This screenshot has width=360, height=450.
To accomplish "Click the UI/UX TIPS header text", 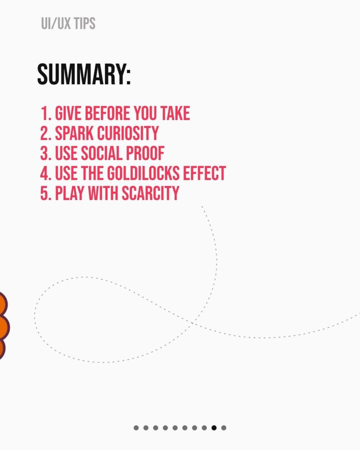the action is tap(68, 23).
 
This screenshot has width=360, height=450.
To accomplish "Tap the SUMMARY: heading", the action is tap(84, 74).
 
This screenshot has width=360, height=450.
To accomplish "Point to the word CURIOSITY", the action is tap(128, 133).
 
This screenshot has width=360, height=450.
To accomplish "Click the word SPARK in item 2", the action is tap(74, 133).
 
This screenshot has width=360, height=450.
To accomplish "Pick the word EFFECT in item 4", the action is tap(205, 173).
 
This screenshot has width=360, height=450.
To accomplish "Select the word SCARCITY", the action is tap(151, 193).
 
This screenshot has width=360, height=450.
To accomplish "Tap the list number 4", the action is tap(45, 173).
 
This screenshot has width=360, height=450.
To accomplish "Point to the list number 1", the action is tap(46, 113).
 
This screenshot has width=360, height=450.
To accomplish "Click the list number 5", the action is tap(45, 193).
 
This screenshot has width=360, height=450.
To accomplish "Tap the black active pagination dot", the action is tap(214, 428).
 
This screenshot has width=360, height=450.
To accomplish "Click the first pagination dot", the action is tap(136, 428).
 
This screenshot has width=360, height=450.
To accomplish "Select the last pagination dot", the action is tap(224, 428).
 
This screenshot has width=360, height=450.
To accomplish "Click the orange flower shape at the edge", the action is tap(4, 326).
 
